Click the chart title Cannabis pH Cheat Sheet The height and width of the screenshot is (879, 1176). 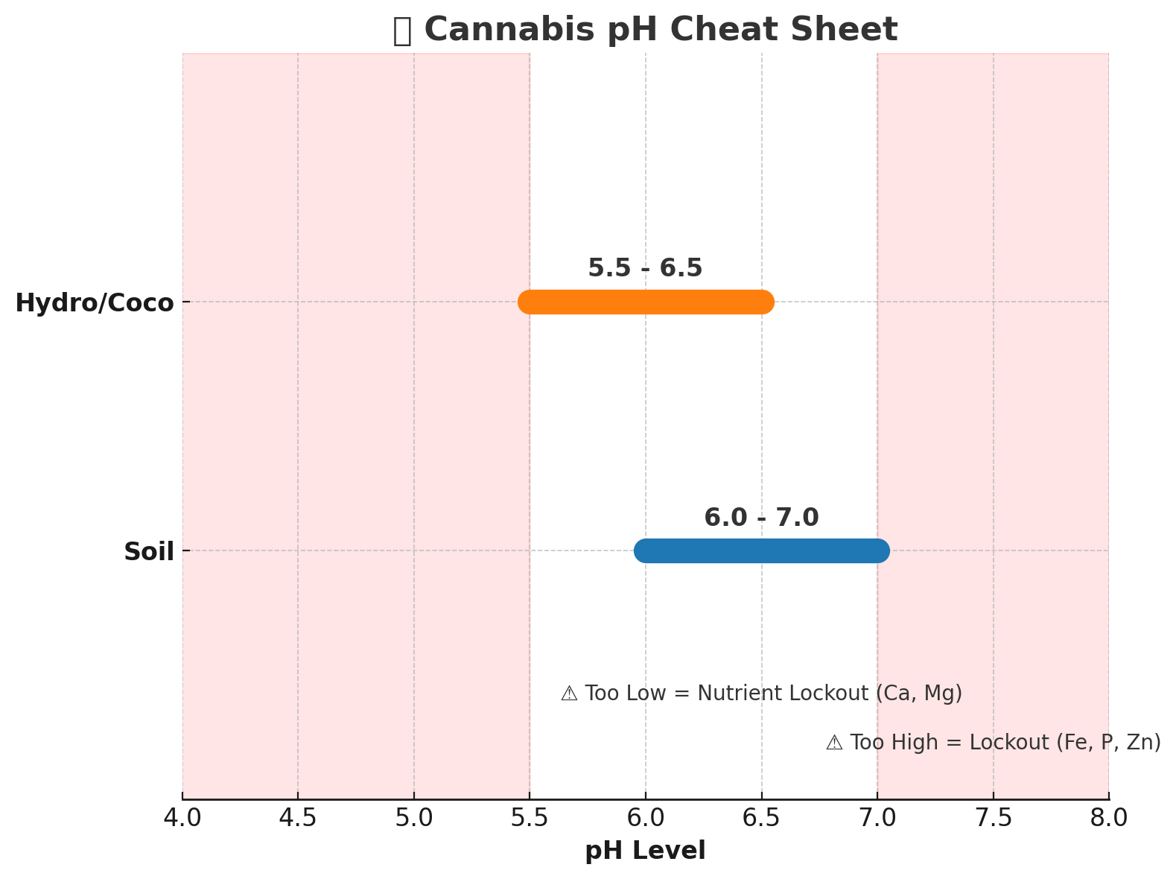pos(645,31)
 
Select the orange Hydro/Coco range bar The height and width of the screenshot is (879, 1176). pos(646,302)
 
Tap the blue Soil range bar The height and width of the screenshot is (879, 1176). pos(761,550)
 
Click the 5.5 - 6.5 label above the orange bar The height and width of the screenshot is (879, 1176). pos(645,268)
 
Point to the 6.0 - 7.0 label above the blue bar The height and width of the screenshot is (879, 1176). pos(761,517)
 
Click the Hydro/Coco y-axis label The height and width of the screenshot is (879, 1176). pos(95,303)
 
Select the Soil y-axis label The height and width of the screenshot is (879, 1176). pos(149,552)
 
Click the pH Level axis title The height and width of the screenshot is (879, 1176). pos(645,850)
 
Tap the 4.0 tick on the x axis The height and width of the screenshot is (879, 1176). pos(182,818)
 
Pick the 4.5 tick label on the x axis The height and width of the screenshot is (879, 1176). pos(298,818)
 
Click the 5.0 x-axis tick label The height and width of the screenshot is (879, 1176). pos(414,818)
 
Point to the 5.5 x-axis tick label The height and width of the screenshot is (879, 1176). pos(530,818)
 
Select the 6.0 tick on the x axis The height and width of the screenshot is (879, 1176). pos(646,818)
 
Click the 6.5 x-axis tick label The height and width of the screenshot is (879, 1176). pos(761,818)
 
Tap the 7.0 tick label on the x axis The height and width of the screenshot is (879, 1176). pos(877,818)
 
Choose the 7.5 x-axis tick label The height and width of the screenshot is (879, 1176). pos(993,818)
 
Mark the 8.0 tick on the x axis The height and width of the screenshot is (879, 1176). pos(1109,818)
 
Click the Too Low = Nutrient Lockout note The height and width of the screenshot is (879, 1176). pos(761,694)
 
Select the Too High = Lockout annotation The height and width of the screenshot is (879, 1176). pos(993,743)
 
